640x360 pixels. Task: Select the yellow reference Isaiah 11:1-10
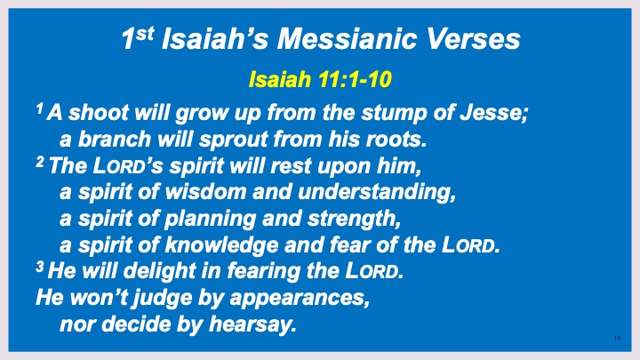320,79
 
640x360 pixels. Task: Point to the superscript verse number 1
39,108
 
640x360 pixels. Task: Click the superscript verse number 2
40,163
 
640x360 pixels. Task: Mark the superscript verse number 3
40,267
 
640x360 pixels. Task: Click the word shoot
99,113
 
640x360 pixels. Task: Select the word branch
115,140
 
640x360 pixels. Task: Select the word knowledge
221,246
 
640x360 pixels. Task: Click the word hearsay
252,325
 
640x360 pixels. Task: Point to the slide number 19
617,338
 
